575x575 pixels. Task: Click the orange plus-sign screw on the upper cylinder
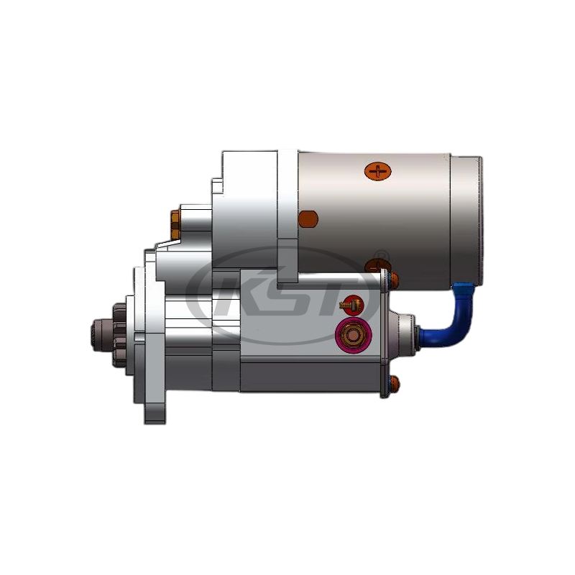tap(377, 171)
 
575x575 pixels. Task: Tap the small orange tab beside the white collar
tap(307, 218)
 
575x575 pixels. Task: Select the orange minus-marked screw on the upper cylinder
tap(377, 266)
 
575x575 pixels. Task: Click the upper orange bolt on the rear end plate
tap(392, 278)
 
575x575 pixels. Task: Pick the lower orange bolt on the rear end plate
tap(392, 383)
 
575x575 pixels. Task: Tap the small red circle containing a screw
tap(351, 304)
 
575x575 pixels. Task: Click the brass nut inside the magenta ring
tap(353, 335)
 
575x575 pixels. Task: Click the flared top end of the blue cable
tap(462, 288)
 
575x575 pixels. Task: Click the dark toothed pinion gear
tap(119, 334)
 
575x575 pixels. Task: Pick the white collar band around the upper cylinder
tap(287, 216)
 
